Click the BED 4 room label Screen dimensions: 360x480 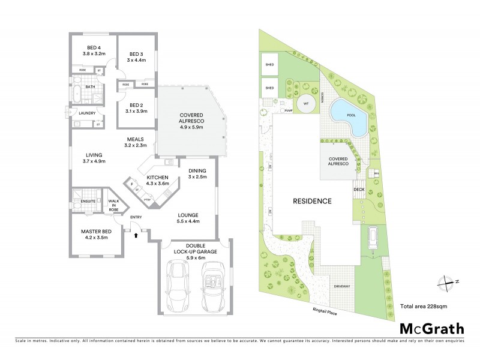point(94,47)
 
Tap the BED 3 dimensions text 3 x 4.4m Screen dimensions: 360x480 point(134,60)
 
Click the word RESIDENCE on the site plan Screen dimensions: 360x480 point(311,201)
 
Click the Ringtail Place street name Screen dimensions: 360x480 point(326,311)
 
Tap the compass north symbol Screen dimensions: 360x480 point(445,281)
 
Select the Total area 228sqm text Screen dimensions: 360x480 point(423,306)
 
